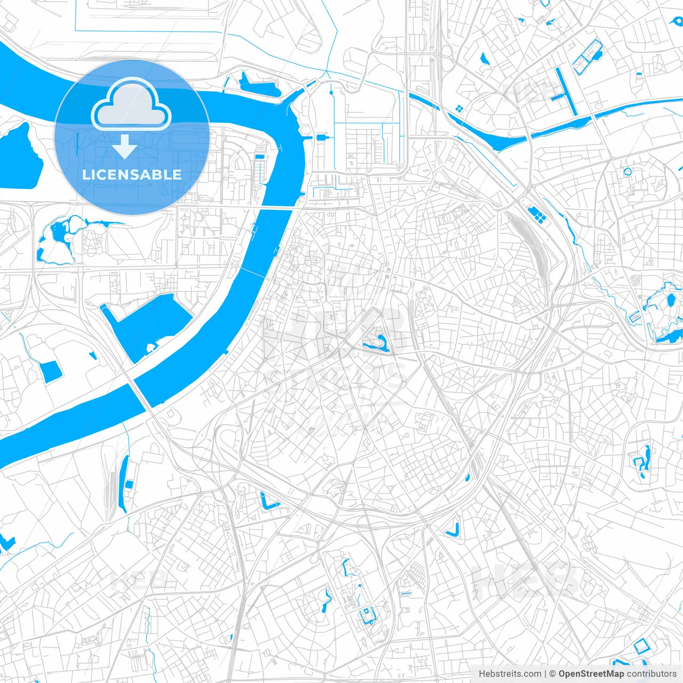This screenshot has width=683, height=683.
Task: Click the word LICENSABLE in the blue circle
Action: pos(132,174)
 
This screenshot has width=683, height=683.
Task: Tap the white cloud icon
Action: pos(131,105)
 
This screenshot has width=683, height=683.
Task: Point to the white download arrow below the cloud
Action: pos(124,147)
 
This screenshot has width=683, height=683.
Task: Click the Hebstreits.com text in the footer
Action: pos(510,674)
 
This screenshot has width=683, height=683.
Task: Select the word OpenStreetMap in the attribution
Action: pos(591,674)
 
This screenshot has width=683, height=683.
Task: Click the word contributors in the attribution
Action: pos(652,674)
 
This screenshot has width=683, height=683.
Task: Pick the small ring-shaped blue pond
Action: pos(628,172)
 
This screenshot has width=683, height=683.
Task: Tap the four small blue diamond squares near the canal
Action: pos(458,109)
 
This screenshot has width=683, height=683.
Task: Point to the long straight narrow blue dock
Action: pos(566,91)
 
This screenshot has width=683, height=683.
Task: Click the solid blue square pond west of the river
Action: pos(51,371)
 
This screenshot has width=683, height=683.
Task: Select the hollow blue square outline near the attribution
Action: pos(641,646)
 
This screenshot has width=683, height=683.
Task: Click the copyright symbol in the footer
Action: pos(553,674)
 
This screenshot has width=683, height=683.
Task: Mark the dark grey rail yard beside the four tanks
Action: pos(528,240)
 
